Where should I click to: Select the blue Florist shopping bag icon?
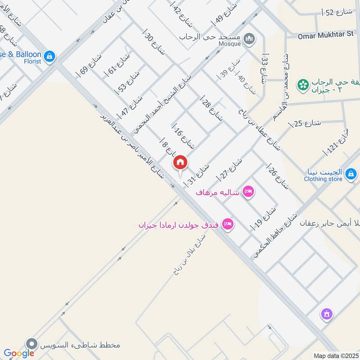point(49,56)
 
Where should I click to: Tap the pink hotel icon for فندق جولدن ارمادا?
point(228,224)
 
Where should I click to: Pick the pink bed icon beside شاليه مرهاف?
point(248,192)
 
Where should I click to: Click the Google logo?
point(19,353)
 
